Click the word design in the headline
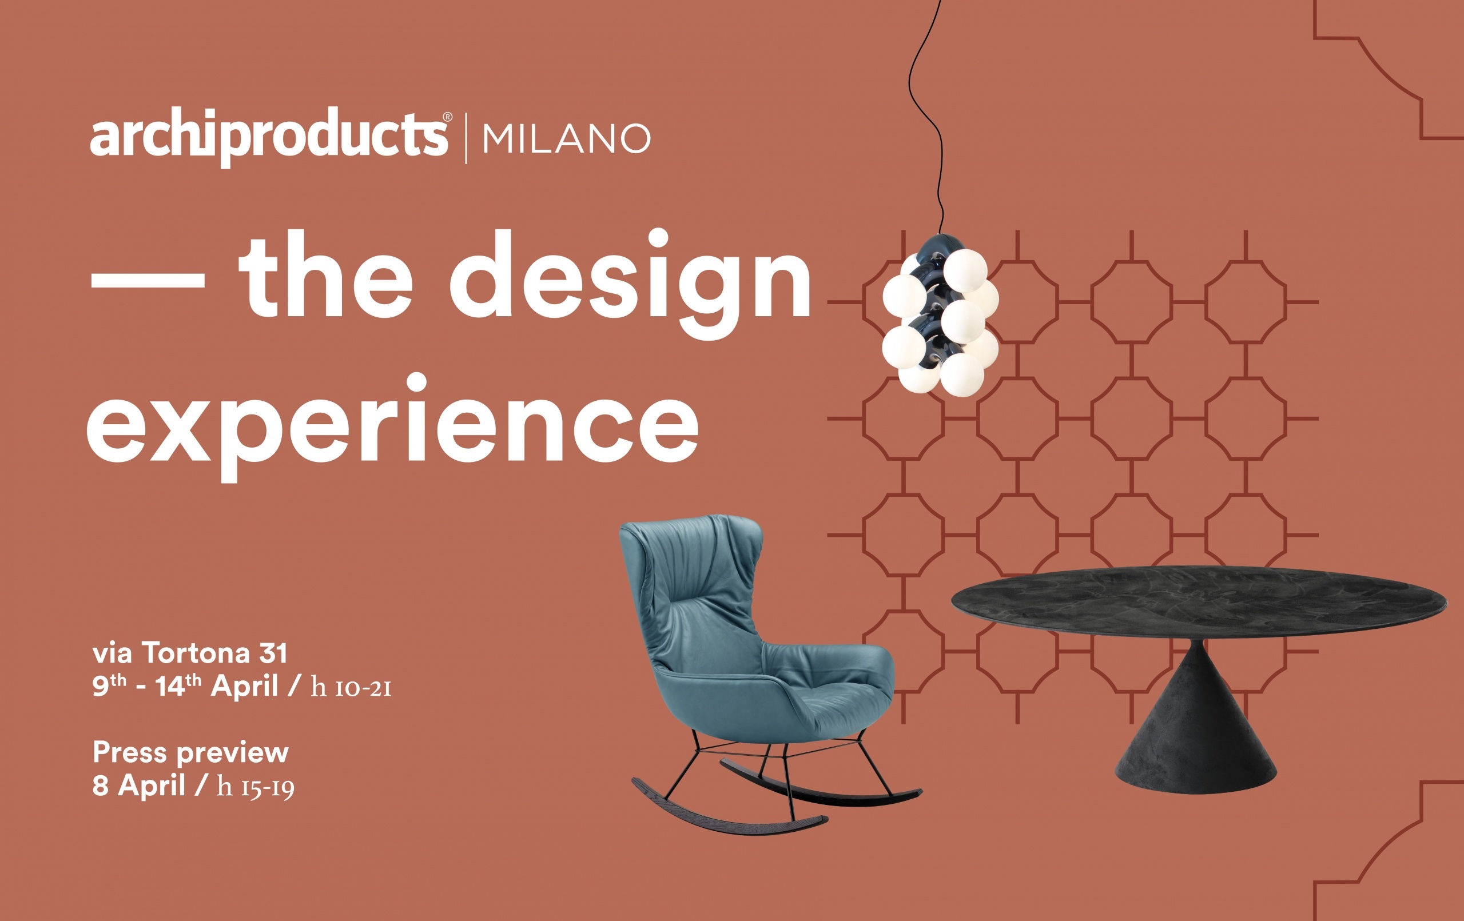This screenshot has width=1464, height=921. [x=630, y=284]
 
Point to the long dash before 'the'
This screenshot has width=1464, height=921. [x=148, y=280]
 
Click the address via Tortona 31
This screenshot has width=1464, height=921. [x=190, y=653]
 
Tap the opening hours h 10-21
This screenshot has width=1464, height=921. [x=351, y=687]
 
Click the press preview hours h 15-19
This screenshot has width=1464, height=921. [x=256, y=787]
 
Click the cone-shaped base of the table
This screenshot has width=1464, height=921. [x=1196, y=723]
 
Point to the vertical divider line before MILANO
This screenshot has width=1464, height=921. [x=466, y=138]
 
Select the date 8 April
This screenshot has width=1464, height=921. [x=138, y=786]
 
